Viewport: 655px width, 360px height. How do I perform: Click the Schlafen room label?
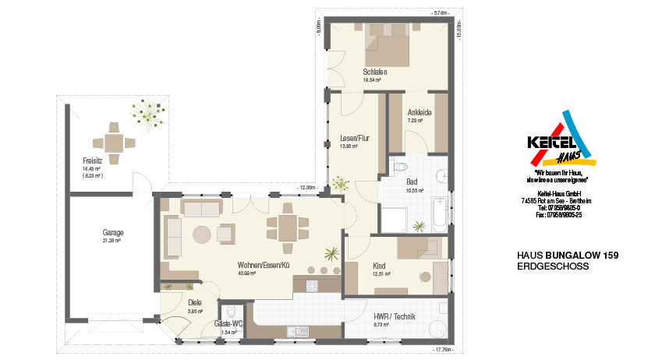[x=374, y=72]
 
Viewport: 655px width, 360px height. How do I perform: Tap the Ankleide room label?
[x=420, y=112]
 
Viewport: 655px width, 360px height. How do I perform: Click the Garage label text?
[x=113, y=232]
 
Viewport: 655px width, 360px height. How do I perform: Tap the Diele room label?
[x=195, y=303]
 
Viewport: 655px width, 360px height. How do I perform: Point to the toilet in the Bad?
[x=400, y=166]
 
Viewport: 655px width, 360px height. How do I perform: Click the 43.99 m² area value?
[x=248, y=274]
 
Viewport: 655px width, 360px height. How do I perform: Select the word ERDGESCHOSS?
[x=553, y=266]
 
